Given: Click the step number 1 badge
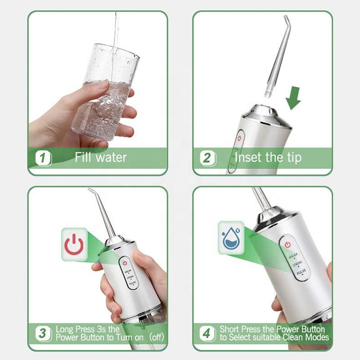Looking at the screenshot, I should (x=43, y=159).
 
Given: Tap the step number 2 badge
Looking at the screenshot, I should (x=207, y=159).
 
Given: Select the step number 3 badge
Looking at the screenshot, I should (x=43, y=333).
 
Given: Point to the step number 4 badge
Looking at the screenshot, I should (x=207, y=333).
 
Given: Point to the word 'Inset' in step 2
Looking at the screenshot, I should (x=248, y=158).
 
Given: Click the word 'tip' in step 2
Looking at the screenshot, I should (x=292, y=158).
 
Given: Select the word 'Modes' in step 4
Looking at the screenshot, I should (x=315, y=338).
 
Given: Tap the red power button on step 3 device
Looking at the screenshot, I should (x=125, y=263).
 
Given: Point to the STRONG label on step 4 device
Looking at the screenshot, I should (x=297, y=264).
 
